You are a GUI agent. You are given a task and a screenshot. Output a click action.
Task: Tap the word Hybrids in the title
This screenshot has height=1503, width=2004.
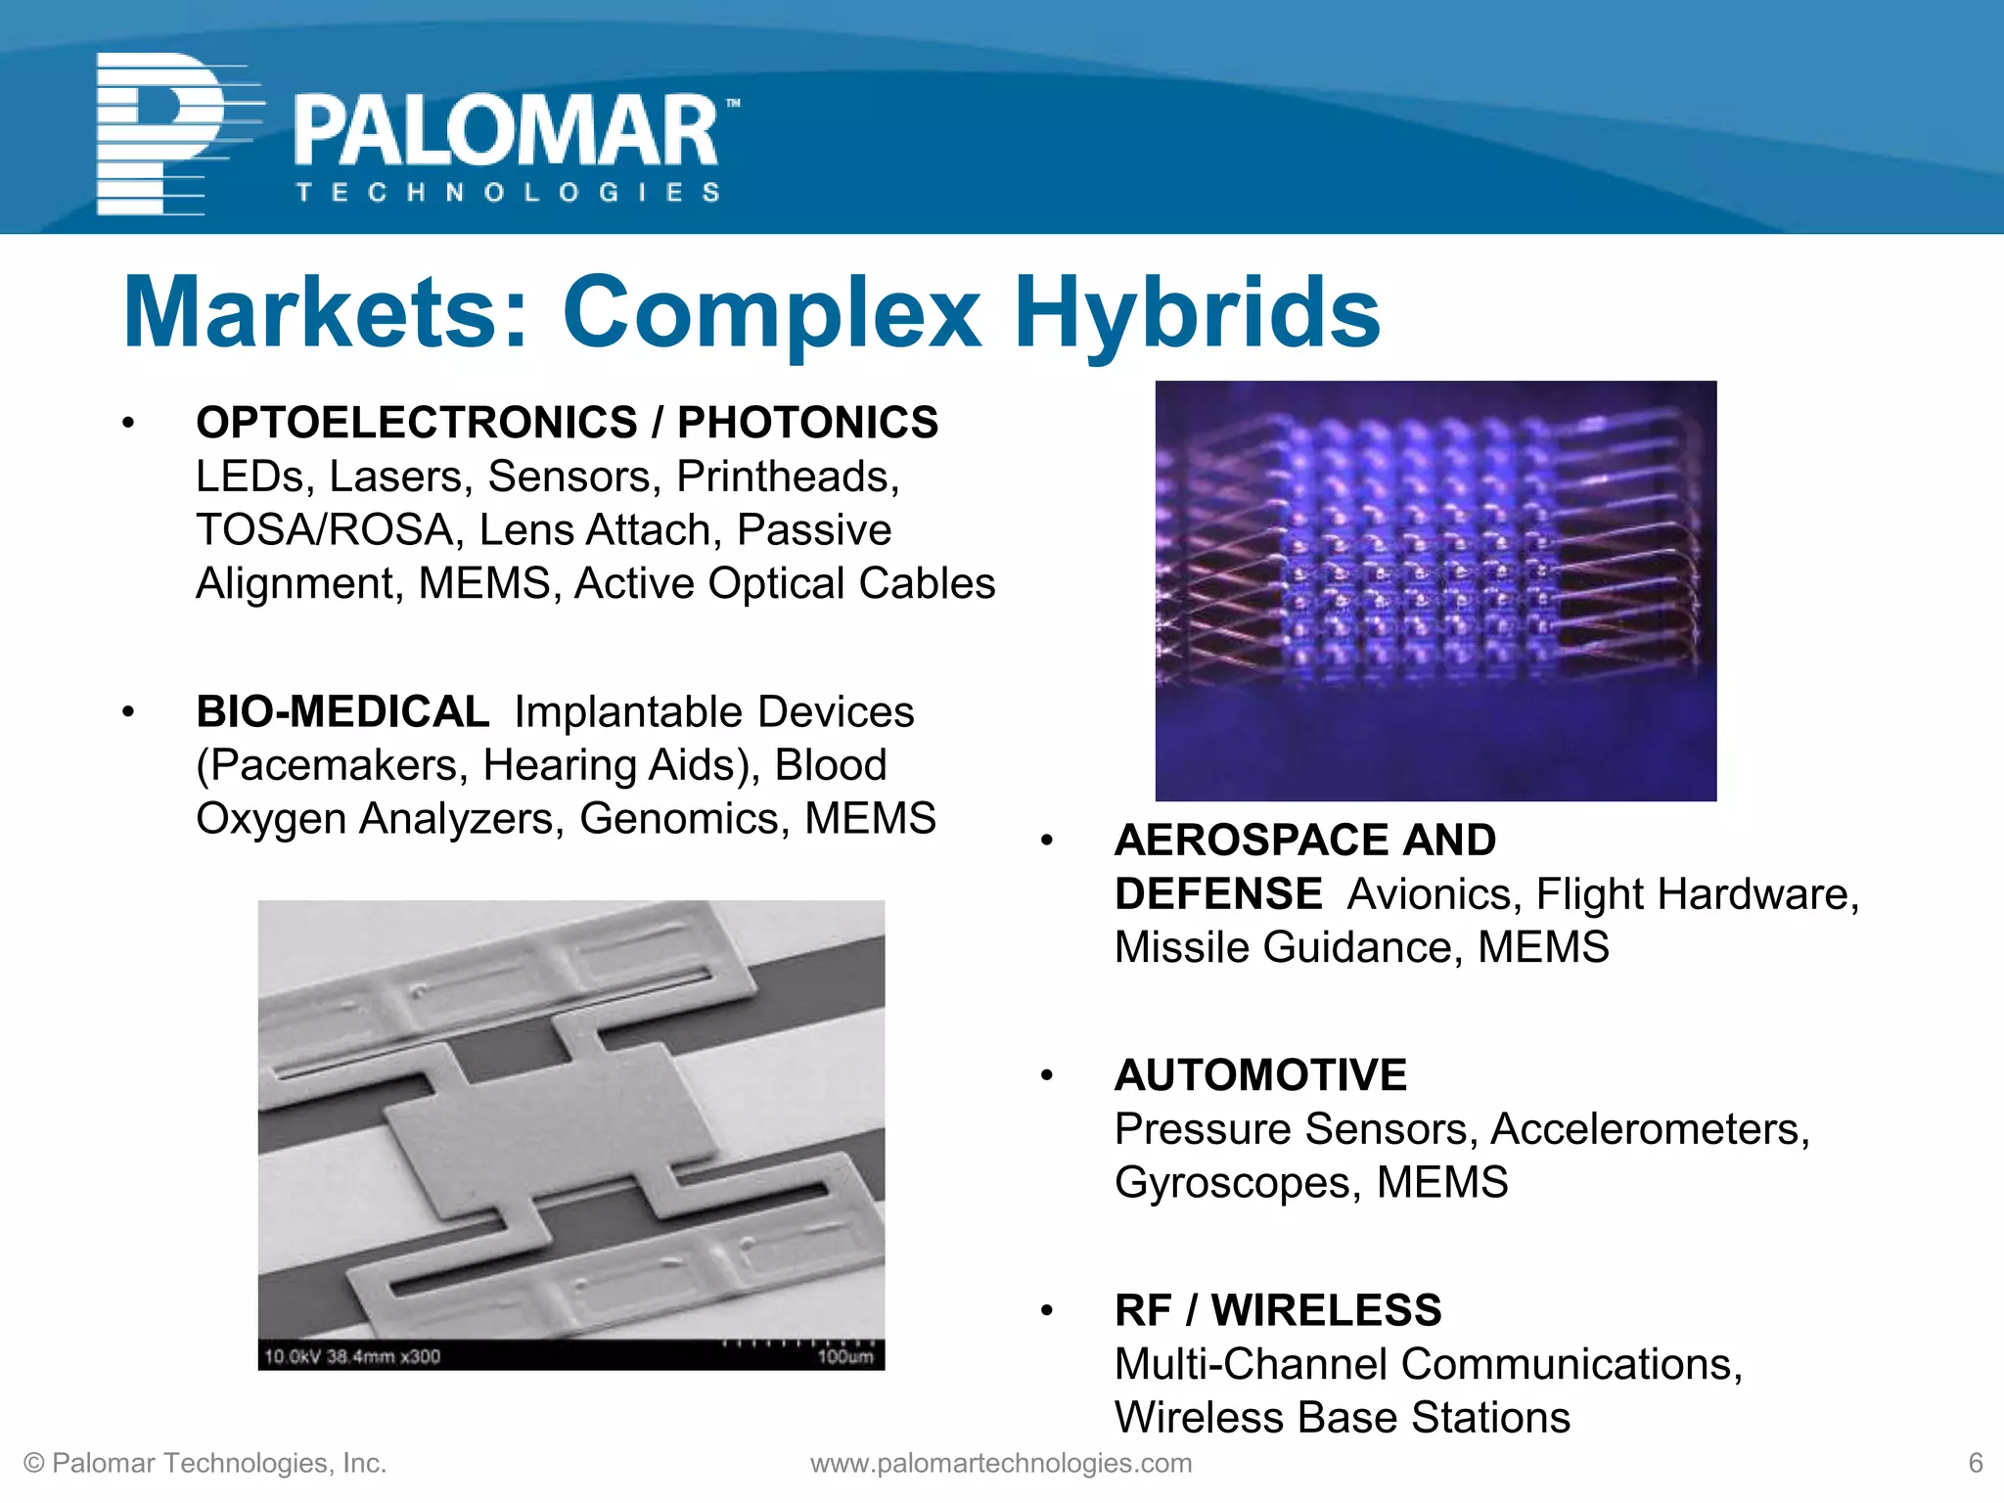1196,312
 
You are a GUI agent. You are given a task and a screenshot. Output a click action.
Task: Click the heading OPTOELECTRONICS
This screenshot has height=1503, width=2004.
417,423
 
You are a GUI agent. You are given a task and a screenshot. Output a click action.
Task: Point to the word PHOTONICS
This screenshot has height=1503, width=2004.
807,423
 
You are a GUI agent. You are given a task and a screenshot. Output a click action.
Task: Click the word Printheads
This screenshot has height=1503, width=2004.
788,477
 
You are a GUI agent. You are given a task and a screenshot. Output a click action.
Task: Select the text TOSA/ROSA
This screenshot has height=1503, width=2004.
326,530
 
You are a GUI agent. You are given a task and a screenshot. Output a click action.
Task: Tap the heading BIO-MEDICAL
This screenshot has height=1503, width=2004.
342,711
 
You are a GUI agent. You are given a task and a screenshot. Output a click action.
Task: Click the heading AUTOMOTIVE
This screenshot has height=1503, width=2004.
1260,1075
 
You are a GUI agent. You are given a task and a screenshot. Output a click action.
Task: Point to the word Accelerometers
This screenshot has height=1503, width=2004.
1650,1129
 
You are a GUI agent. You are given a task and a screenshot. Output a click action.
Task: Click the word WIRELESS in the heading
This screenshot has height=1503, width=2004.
1326,1310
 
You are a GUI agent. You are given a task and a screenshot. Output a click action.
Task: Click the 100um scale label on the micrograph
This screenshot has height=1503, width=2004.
844,1357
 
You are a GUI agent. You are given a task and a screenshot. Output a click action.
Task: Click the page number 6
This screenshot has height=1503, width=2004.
1975,1463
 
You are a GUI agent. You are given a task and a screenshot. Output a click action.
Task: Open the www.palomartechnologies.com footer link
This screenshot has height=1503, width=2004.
1001,1463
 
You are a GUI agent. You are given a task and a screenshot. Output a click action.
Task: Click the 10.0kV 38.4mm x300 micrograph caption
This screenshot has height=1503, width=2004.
352,1356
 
